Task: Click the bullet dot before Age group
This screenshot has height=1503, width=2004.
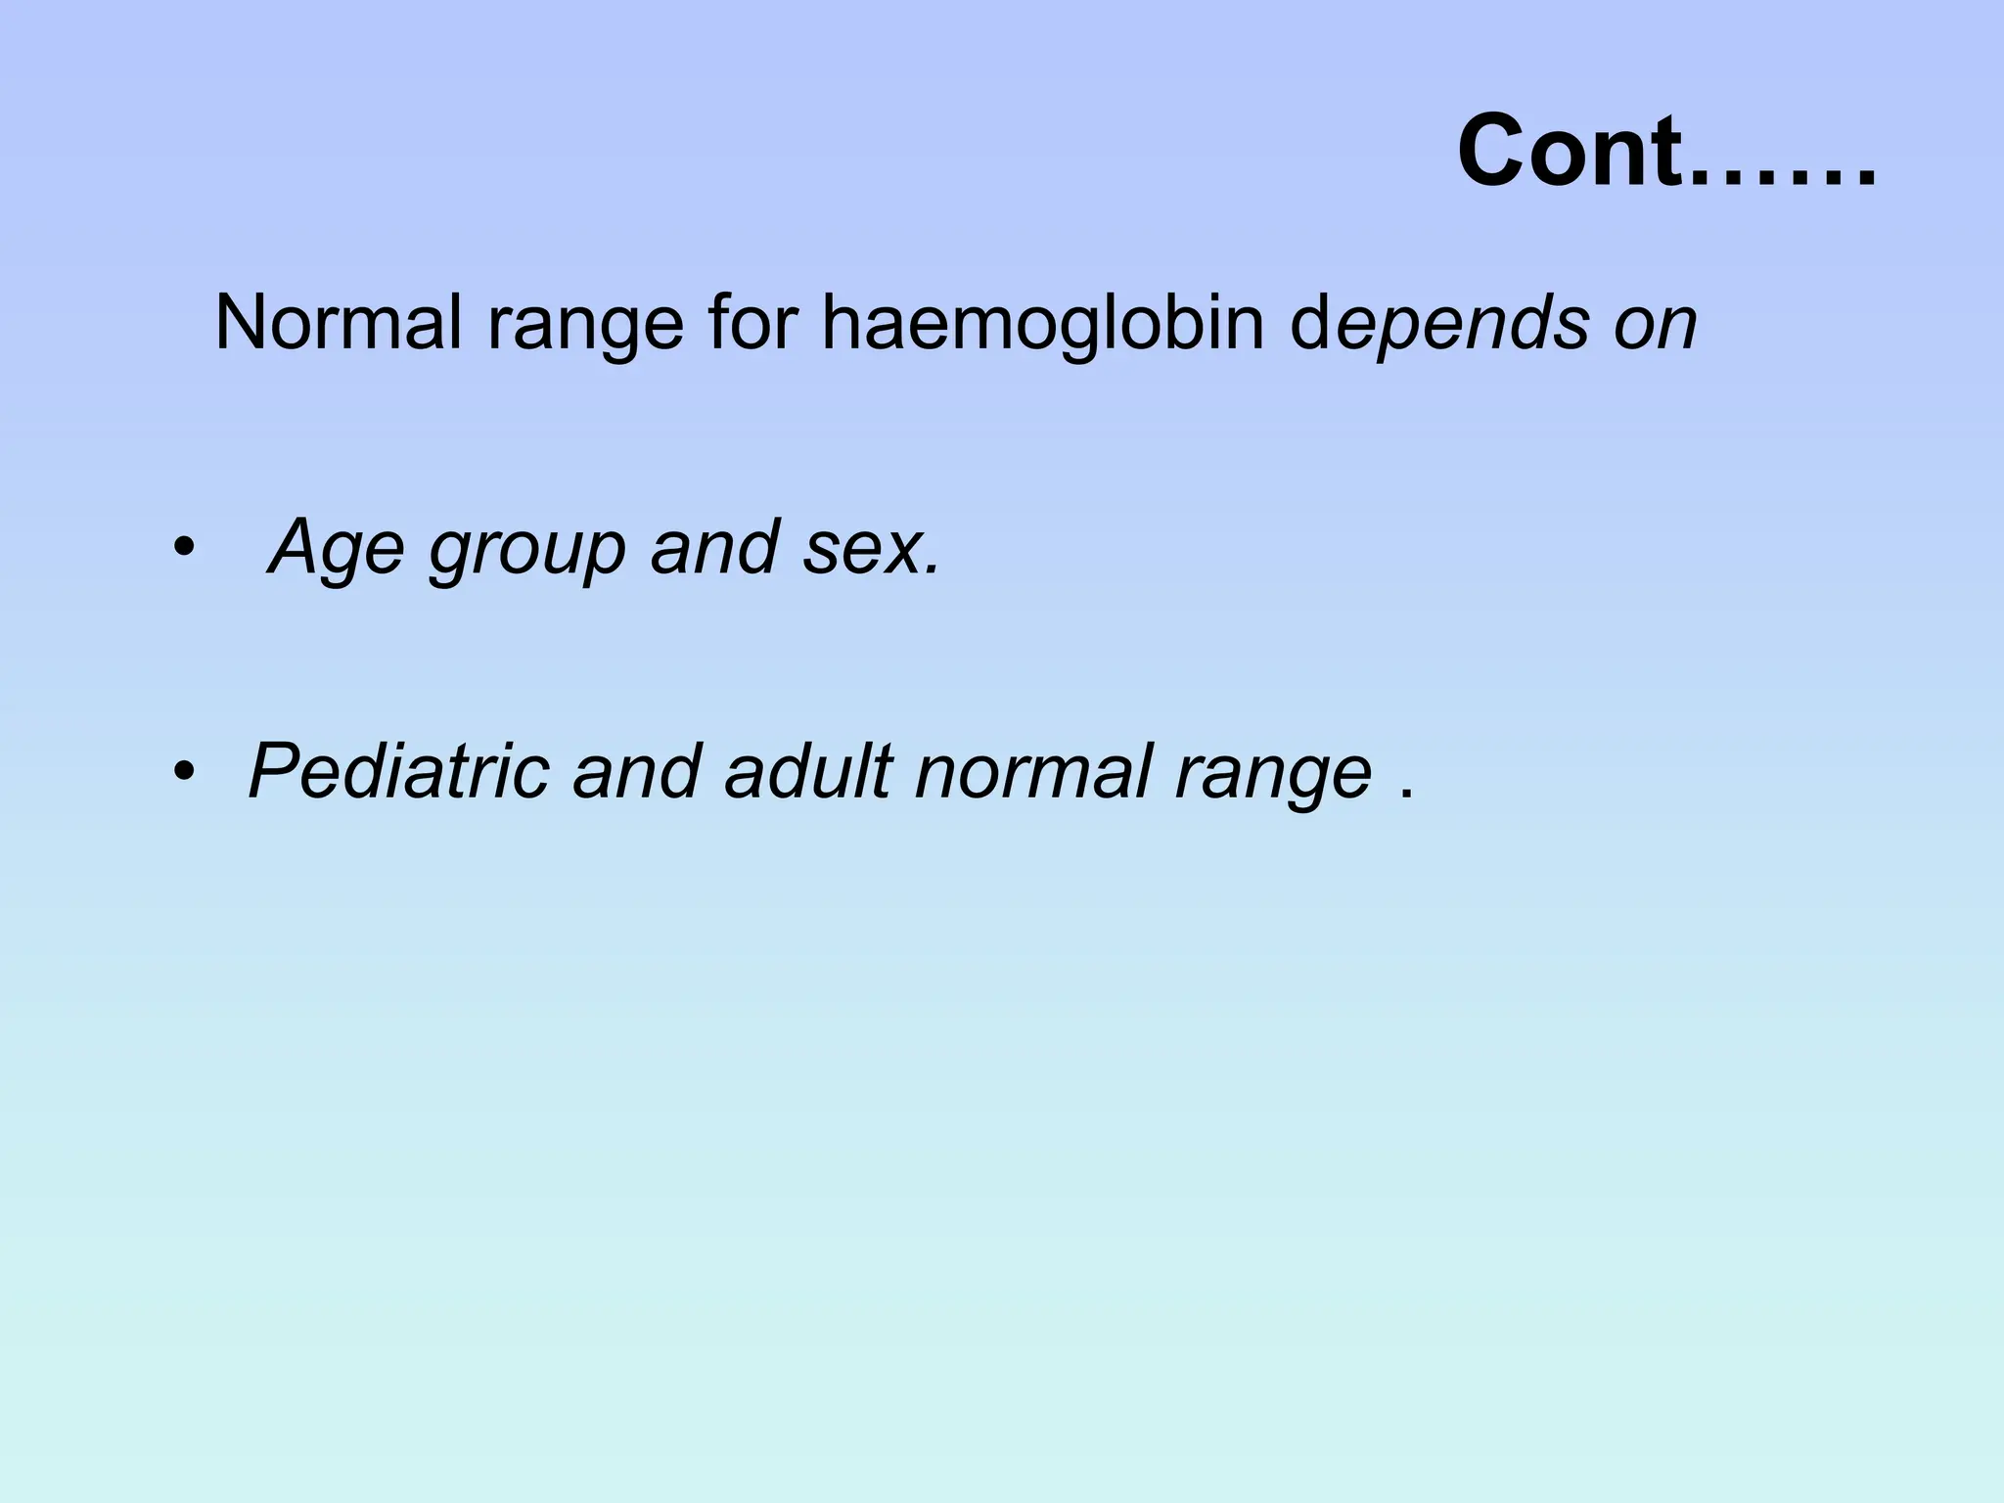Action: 181,549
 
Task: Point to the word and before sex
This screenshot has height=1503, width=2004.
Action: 714,548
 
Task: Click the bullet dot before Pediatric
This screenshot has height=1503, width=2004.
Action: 181,774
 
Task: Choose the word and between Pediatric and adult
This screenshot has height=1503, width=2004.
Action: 637,772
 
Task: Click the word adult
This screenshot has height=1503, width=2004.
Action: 808,772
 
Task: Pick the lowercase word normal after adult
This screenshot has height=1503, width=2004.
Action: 1033,772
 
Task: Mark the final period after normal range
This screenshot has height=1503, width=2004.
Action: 1407,795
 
